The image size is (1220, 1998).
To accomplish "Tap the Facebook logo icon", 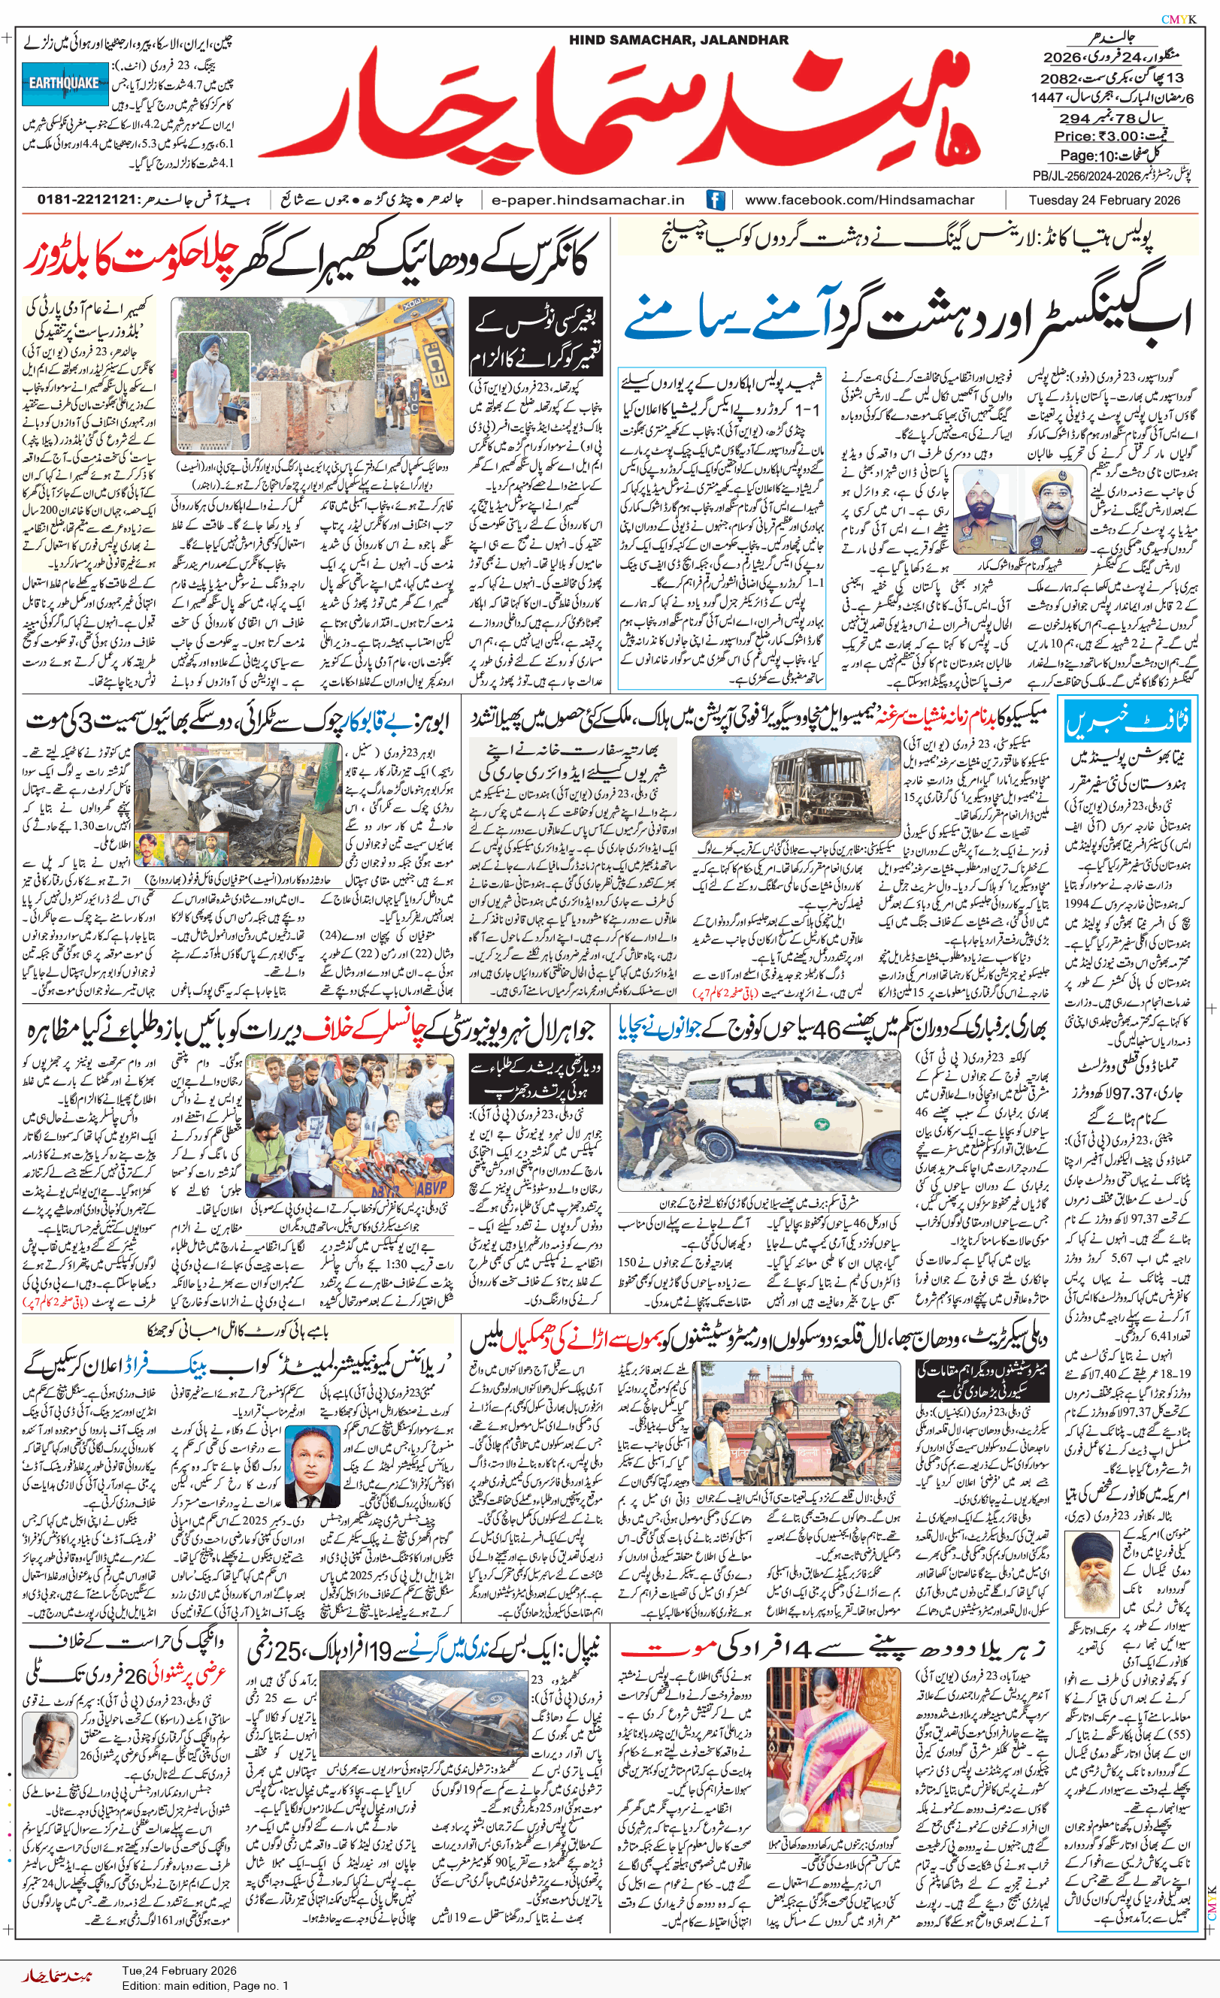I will tap(715, 199).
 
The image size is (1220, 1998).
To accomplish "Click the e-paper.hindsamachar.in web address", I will tap(588, 199).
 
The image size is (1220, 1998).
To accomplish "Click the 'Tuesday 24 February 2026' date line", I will tap(1104, 199).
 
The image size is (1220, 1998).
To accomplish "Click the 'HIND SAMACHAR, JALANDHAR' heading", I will tap(678, 40).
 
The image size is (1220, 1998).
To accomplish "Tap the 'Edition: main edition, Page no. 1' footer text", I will tap(205, 1985).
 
